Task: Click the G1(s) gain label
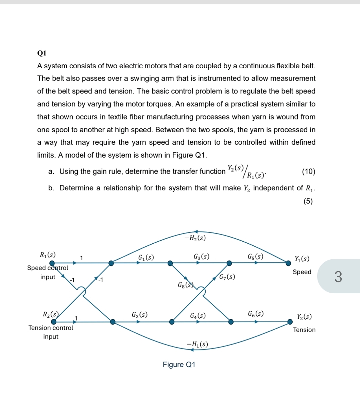click(x=146, y=257)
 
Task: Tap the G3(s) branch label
click(x=201, y=257)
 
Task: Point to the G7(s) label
click(x=227, y=277)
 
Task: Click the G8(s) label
click(x=186, y=285)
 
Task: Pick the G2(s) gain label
click(x=139, y=314)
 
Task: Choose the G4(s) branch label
click(x=198, y=316)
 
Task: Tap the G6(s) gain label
click(x=256, y=314)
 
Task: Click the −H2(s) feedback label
click(x=195, y=238)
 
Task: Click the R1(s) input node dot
click(x=52, y=263)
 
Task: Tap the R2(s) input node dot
click(x=54, y=321)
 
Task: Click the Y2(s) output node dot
click(x=290, y=321)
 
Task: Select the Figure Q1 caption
click(x=179, y=365)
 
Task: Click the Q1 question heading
click(x=41, y=53)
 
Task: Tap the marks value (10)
click(x=308, y=172)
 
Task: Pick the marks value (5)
click(x=308, y=201)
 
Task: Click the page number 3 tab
click(x=338, y=277)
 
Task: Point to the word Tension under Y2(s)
click(x=304, y=330)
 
